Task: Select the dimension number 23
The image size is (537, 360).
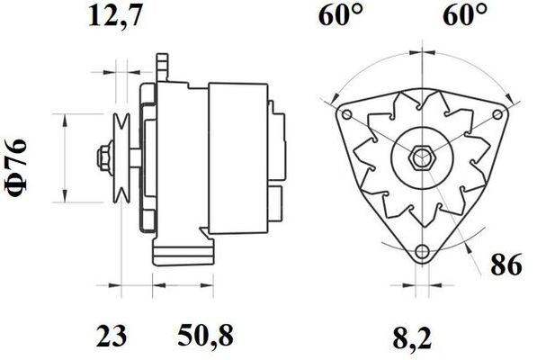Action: [111, 338]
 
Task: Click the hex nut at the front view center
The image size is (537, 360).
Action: [420, 159]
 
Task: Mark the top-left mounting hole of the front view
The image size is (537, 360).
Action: [343, 113]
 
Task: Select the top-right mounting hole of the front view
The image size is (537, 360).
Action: [497, 113]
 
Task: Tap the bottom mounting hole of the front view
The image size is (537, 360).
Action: [420, 251]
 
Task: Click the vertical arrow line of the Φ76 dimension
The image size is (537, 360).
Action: [66, 158]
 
